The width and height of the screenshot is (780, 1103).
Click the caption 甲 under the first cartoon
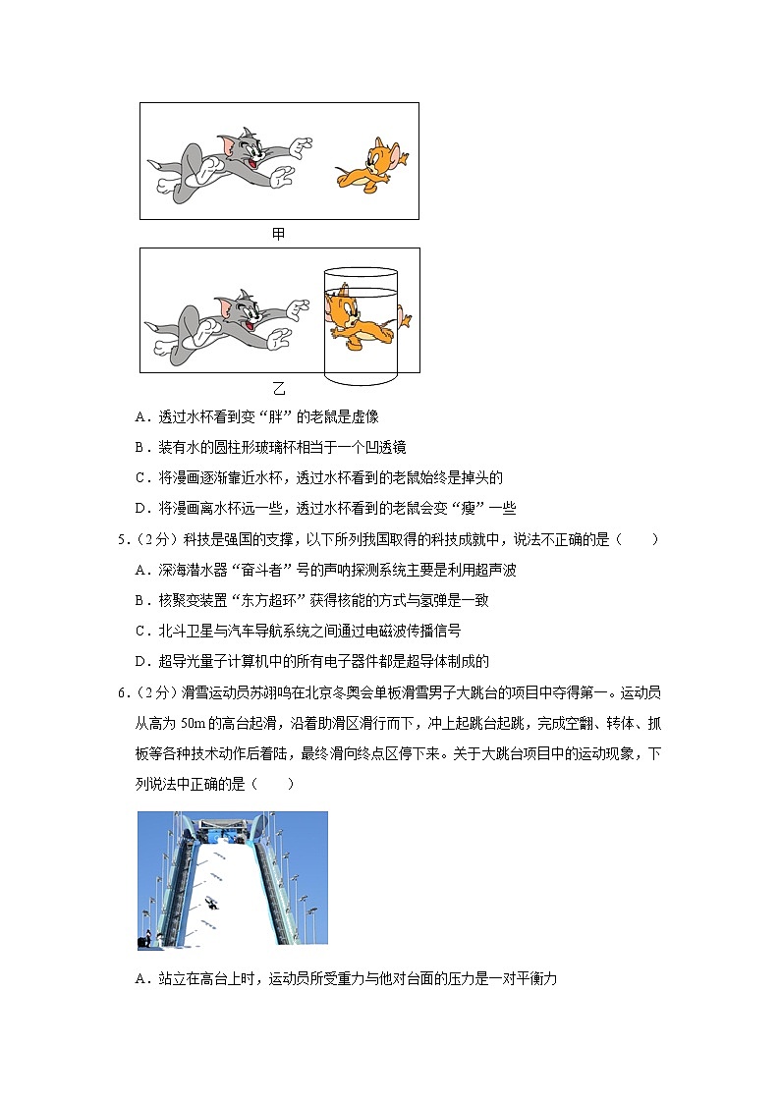click(279, 234)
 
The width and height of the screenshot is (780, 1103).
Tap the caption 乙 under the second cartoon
click(279, 387)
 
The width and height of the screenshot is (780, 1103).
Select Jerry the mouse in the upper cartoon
click(370, 161)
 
